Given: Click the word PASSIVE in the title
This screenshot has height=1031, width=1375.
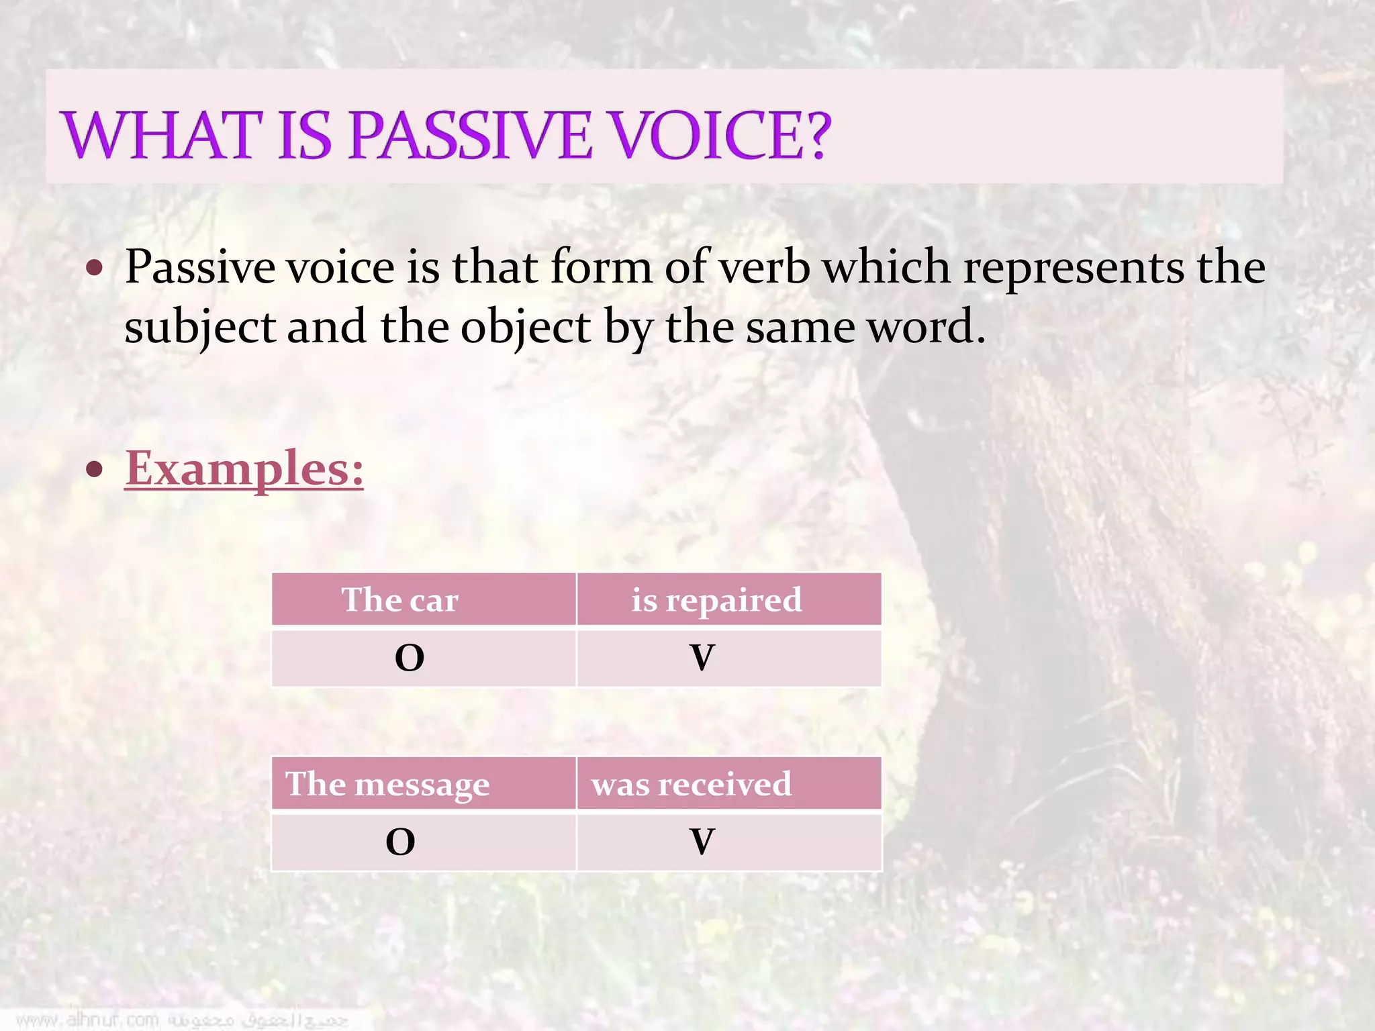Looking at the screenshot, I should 470,136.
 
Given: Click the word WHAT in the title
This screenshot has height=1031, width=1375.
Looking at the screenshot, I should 161,136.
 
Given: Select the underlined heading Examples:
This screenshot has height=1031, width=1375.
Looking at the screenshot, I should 244,469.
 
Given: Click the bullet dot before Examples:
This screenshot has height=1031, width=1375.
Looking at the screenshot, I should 95,469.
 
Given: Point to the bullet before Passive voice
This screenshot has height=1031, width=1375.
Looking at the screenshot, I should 95,269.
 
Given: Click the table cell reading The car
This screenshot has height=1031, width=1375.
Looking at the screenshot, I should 400,599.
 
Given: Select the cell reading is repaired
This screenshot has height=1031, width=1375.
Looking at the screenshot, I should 716,599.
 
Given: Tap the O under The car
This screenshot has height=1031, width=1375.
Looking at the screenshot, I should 409,658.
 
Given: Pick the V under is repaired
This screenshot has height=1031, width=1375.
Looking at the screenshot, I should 702,658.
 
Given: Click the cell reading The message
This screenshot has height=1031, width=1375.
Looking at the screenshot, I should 387,784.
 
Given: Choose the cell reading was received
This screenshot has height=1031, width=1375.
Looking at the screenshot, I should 692,784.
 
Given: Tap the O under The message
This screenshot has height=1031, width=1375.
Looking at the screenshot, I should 400,842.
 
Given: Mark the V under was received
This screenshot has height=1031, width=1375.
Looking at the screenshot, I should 702,842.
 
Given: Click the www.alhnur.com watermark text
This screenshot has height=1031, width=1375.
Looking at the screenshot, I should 87,1020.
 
